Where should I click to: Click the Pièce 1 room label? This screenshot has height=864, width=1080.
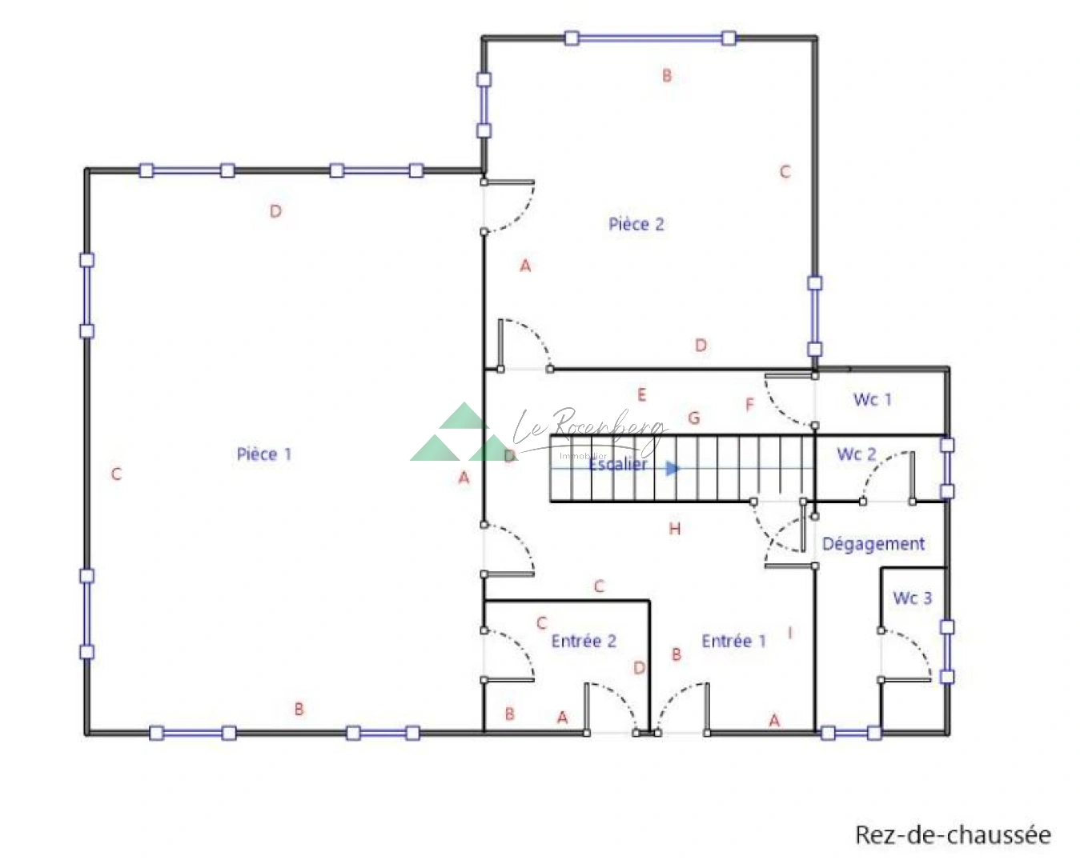click(263, 454)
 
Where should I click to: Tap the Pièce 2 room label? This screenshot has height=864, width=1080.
click(636, 224)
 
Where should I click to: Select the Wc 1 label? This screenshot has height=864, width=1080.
click(872, 399)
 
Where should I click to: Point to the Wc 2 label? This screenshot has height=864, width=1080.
click(856, 454)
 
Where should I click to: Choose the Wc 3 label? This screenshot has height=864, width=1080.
click(912, 598)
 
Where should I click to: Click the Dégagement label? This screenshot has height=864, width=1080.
click(873, 544)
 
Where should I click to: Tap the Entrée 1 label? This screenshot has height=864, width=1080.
click(733, 641)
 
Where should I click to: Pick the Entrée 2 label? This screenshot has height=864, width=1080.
click(584, 641)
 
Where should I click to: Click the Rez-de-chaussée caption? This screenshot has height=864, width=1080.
click(953, 834)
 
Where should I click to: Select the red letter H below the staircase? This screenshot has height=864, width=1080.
click(675, 529)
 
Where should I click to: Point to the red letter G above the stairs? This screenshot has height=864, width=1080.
click(694, 418)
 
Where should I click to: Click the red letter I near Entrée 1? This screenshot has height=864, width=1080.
click(790, 633)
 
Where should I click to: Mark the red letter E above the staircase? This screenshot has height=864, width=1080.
click(641, 394)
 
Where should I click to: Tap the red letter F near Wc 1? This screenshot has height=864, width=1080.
click(749, 405)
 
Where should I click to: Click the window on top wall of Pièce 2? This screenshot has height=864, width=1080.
click(650, 38)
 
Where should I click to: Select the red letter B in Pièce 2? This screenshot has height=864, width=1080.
click(666, 76)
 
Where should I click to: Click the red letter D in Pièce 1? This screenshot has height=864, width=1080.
click(275, 211)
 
